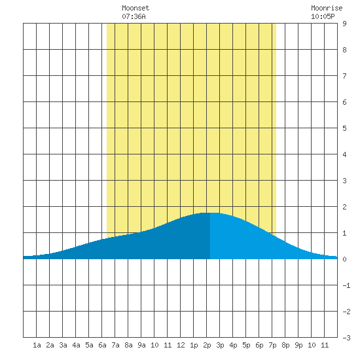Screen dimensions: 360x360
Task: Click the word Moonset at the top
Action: pos(135,8)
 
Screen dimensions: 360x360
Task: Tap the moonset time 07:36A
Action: pos(134,16)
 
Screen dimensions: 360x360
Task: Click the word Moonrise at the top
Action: pos(327,8)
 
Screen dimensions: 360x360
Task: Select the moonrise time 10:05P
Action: pos(323,16)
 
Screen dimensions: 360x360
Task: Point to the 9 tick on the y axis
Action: pos(344,24)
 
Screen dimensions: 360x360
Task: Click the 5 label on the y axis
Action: pos(344,128)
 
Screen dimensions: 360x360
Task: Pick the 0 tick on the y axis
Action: pos(344,259)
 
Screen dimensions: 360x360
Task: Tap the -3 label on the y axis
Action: pos(346,338)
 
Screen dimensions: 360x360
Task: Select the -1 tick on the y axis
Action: pos(346,285)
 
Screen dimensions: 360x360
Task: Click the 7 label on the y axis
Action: pos(344,76)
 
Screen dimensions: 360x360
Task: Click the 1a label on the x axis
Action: pos(37,345)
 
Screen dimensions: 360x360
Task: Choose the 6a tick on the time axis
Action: pos(102,345)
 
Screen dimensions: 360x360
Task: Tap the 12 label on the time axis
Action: pos(181,345)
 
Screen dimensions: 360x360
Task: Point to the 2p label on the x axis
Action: pos(207,345)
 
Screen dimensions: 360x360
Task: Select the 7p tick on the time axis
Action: pos(272,345)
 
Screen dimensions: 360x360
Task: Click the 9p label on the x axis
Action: pos(298,345)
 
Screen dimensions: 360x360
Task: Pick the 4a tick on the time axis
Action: pos(76,345)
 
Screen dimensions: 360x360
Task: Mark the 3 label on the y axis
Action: pos(344,181)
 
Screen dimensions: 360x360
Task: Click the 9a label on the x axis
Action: pos(141,345)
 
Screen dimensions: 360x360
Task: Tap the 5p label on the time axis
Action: pos(246,345)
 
